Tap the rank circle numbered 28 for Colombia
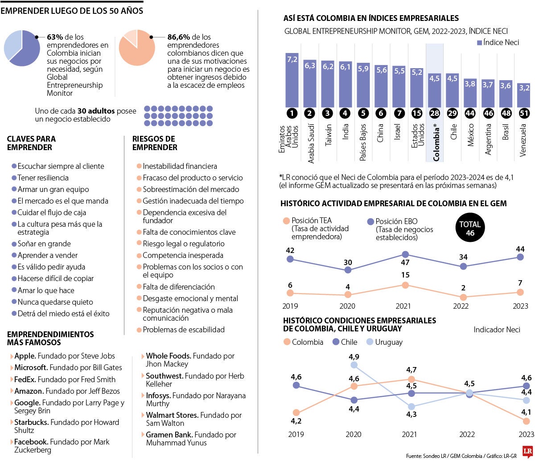point(435,114)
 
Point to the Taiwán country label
point(328,136)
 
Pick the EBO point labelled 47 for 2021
point(405,254)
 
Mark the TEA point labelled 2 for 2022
point(463,297)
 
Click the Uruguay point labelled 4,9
point(354,365)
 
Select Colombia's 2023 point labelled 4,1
point(527,421)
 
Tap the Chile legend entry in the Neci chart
point(346,342)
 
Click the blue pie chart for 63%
point(22,48)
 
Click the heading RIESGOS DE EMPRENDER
point(154,143)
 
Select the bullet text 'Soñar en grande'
point(44,244)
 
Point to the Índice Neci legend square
point(480,43)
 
